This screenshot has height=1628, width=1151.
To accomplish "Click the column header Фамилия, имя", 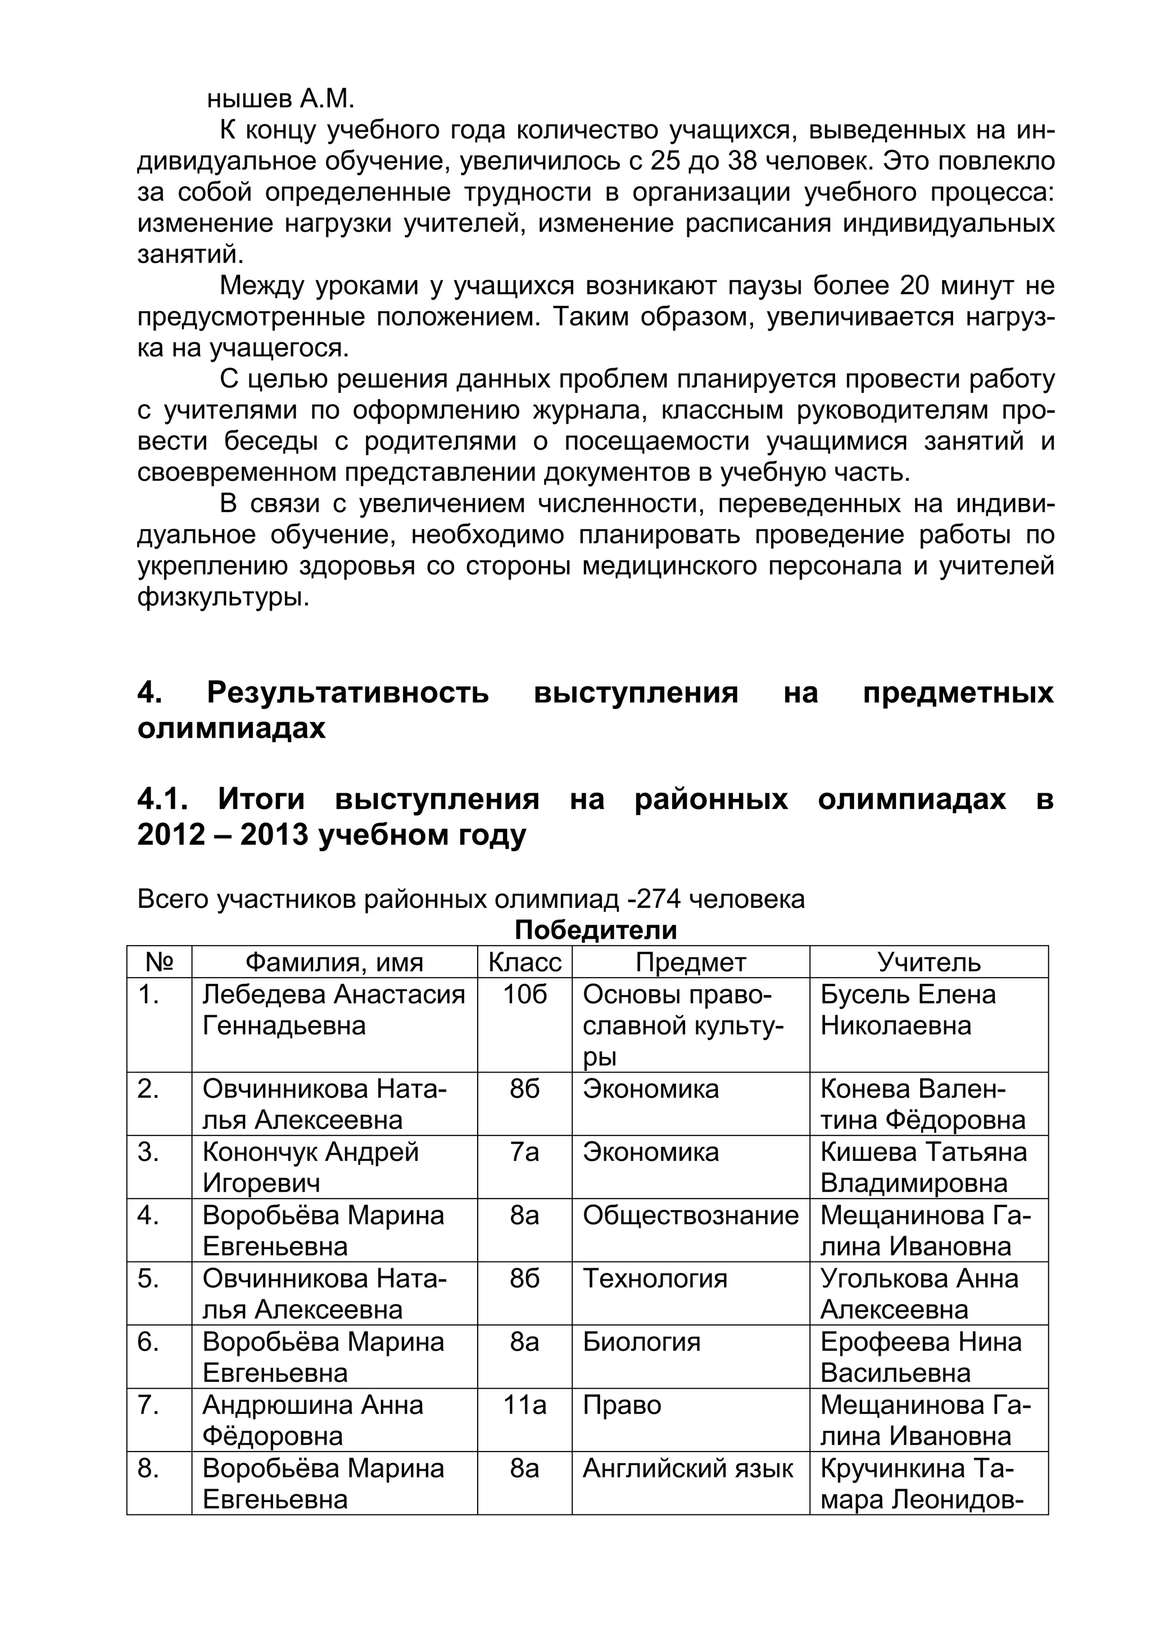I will coord(334,962).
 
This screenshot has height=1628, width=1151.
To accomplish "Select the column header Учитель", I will coord(928,962).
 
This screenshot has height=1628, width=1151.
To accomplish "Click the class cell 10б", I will coord(524,995).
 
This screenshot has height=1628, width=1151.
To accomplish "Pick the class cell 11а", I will coord(524,1405).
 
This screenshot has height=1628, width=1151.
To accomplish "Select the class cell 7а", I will coord(524,1152).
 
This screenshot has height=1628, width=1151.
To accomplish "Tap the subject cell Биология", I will coord(641,1341).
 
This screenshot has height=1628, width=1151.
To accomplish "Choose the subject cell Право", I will coord(622,1405).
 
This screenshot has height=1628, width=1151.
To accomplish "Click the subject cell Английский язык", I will coord(687,1468).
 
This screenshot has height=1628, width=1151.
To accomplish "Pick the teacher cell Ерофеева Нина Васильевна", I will coord(921,1357).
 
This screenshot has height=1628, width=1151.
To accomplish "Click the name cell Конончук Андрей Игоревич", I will coord(310,1167).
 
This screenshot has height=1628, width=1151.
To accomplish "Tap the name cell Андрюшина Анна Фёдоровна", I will coord(312,1419).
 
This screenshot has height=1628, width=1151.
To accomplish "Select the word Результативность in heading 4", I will coord(347,692).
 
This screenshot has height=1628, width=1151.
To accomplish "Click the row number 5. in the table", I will coord(148,1278).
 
